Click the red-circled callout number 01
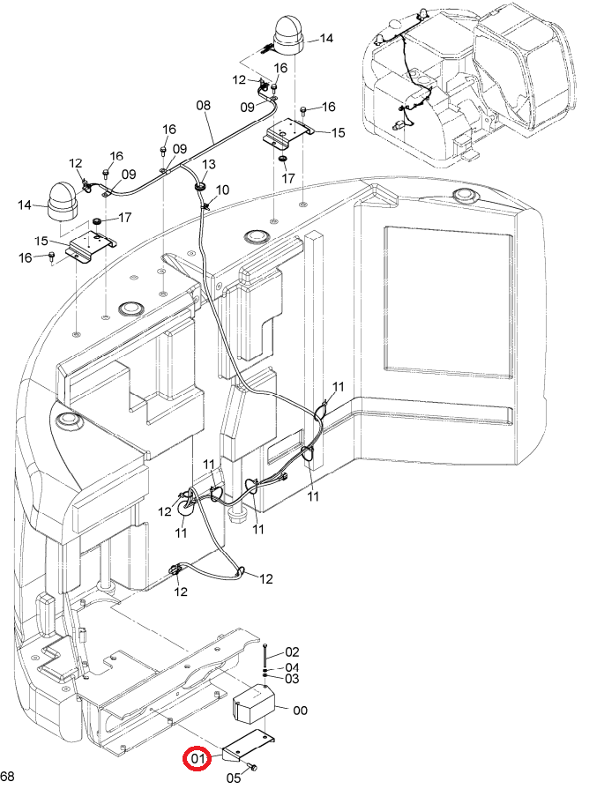198,757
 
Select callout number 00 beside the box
300,711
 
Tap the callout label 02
292,652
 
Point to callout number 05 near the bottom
234,778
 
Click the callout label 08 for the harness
204,106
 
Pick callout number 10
222,190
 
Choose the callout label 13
208,165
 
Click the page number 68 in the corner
8,776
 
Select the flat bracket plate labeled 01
248,744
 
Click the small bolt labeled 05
252,767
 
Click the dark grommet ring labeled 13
199,186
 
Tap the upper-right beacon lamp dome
287,35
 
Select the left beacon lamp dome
61,200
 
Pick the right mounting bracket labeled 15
289,132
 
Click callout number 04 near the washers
292,667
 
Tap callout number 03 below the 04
292,679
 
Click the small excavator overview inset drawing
468,85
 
